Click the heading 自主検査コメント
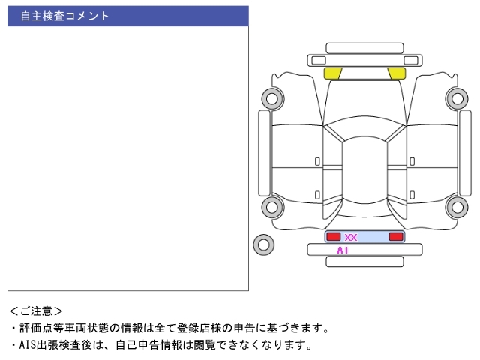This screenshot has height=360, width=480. [64, 16]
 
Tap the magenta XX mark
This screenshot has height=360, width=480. [351, 237]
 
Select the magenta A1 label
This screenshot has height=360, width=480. [343, 250]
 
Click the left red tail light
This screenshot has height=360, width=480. [334, 236]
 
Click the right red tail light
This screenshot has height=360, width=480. [396, 236]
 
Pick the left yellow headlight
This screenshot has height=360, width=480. [332, 73]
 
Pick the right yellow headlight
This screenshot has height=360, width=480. [397, 73]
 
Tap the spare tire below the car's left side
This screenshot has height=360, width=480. [263, 244]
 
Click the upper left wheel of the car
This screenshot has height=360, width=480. [273, 98]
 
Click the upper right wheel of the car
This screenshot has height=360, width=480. [457, 98]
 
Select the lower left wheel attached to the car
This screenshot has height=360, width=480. [273, 207]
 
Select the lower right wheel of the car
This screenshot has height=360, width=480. [457, 207]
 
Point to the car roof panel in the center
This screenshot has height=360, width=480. [364, 170]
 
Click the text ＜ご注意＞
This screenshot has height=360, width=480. [36, 311]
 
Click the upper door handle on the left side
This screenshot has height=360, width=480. [317, 161]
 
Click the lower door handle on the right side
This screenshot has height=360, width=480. [412, 195]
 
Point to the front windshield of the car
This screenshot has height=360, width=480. [364, 128]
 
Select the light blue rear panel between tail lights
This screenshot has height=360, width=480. [364, 237]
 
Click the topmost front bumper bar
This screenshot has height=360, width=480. [364, 48]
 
